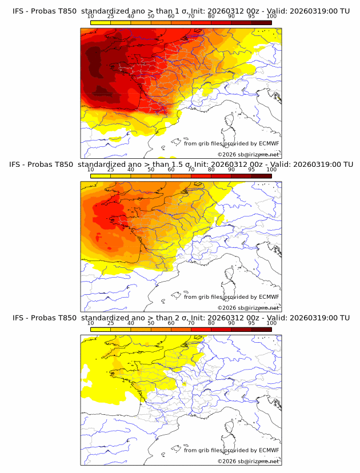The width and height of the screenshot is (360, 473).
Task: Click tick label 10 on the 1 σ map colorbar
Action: tap(90, 17)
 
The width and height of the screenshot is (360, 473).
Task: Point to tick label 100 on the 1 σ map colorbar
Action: tap(271, 17)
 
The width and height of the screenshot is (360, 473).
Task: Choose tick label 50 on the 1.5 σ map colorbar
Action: tap(151, 170)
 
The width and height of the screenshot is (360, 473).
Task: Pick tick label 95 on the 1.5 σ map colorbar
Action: tap(251, 170)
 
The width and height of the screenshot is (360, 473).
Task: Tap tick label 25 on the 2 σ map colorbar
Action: tap(110, 323)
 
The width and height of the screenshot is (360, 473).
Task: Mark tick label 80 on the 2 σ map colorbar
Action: tap(211, 323)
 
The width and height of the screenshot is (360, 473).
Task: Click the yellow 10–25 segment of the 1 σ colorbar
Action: tap(100, 22)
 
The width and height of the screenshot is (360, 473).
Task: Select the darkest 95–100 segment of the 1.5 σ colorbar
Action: tap(261, 175)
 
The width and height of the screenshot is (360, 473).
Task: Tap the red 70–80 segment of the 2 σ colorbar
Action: tap(201, 329)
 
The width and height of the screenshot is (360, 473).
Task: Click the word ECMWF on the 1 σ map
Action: tap(269, 143)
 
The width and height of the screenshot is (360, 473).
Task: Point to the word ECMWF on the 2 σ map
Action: tap(269, 450)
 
